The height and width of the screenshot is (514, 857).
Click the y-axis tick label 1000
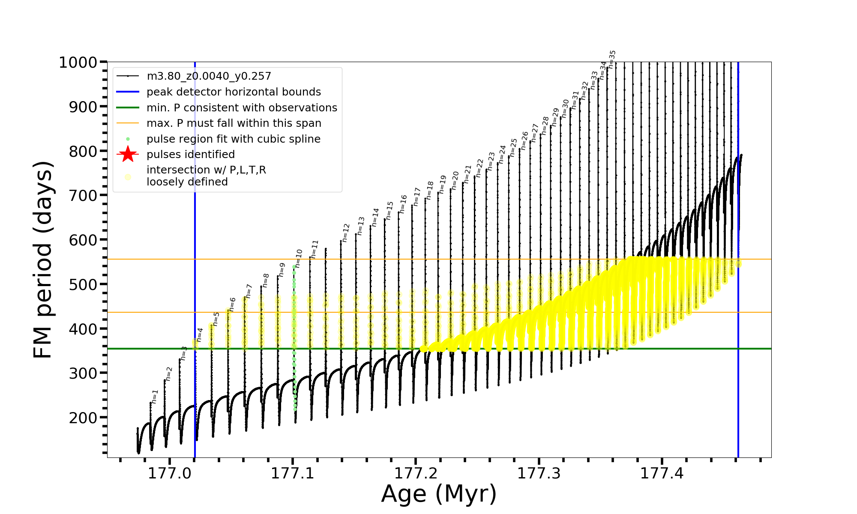click(x=78, y=63)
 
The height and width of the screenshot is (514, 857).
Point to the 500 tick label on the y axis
click(x=83, y=284)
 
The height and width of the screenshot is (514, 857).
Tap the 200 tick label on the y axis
click(x=83, y=418)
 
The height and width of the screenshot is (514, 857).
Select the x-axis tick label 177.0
click(x=170, y=473)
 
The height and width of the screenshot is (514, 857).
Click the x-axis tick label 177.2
click(x=416, y=473)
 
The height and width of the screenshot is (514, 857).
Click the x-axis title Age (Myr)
click(x=439, y=494)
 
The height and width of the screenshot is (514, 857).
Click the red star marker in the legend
click(x=128, y=155)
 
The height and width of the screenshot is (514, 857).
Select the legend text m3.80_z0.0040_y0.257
click(x=209, y=76)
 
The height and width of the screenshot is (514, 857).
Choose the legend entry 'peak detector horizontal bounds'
click(x=234, y=92)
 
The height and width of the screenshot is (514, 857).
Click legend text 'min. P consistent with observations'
click(x=242, y=108)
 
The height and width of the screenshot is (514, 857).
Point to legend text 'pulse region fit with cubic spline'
click(x=234, y=139)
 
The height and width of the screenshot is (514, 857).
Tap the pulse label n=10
click(x=299, y=258)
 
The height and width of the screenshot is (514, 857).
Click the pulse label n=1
click(x=155, y=396)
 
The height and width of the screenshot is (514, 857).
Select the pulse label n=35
click(x=612, y=59)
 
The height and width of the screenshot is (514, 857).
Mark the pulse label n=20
click(x=455, y=180)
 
